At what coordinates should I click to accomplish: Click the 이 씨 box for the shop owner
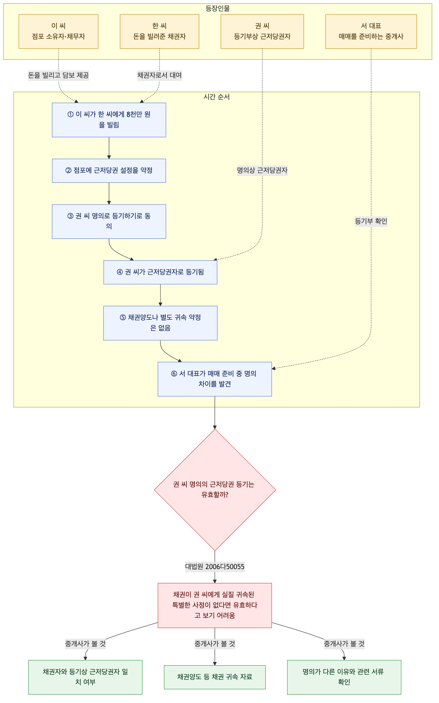coord(58,31)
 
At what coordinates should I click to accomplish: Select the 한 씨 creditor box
coord(159,31)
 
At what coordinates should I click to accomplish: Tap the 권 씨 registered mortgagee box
coord(262,31)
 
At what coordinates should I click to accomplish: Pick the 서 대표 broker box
coord(371,31)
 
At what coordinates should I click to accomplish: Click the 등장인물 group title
coord(218,8)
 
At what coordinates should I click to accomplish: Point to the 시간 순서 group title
coord(217,97)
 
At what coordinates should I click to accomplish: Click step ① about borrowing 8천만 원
coord(109,120)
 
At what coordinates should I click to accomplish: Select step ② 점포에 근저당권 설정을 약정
coord(109,170)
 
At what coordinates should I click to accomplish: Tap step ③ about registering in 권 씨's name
coord(109,221)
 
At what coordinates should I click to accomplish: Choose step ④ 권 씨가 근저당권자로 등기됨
coord(160,272)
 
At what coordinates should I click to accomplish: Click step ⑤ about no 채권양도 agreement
coord(160,323)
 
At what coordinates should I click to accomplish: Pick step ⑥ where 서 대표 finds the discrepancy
coord(215,379)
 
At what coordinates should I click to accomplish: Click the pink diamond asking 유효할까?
coord(215,490)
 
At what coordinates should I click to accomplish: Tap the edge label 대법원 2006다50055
coord(215,567)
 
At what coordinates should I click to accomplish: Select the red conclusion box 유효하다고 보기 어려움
coord(215,605)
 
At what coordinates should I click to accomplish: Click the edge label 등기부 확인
coord(371,221)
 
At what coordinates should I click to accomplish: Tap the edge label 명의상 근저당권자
coord(262,170)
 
